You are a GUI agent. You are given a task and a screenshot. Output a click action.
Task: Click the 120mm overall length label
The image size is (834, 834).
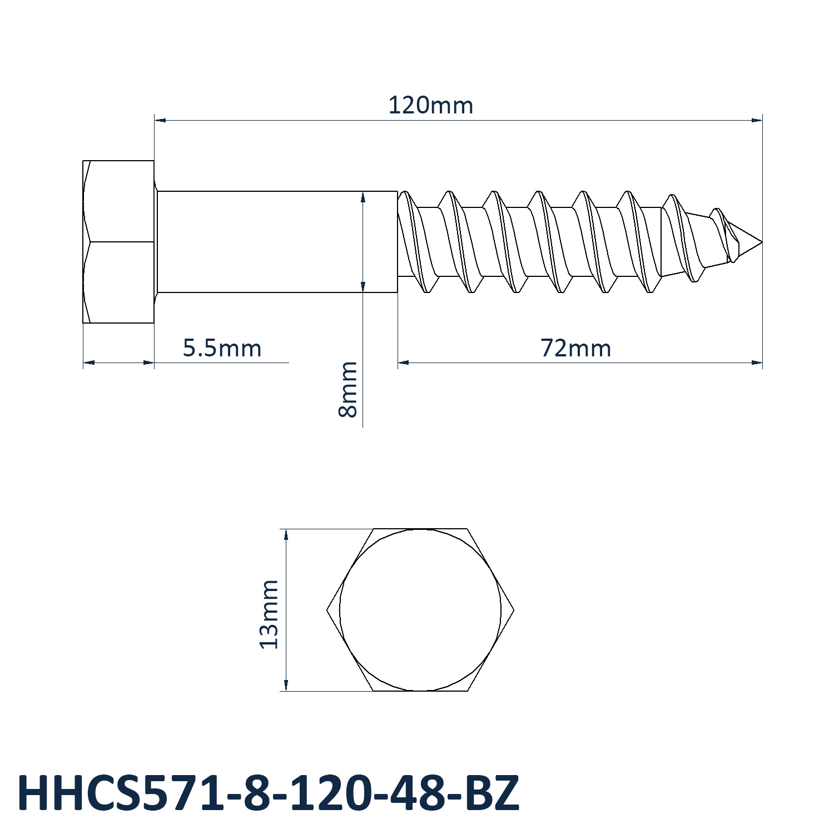click(430, 105)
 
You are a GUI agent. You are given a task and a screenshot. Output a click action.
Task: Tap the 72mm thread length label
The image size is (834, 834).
click(576, 348)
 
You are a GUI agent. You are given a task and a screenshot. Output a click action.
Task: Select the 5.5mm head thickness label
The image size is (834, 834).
click(222, 348)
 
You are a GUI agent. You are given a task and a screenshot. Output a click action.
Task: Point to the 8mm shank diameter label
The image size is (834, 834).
click(348, 389)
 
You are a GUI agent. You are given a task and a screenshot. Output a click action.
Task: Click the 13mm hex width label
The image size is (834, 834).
click(269, 614)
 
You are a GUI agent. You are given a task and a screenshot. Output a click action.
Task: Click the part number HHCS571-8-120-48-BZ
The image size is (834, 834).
click(269, 792)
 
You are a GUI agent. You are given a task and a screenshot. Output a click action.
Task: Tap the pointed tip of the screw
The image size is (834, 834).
click(761, 242)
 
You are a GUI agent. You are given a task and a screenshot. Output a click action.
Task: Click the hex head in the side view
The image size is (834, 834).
click(118, 242)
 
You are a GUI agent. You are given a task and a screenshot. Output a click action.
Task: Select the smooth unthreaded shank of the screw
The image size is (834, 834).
click(277, 242)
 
